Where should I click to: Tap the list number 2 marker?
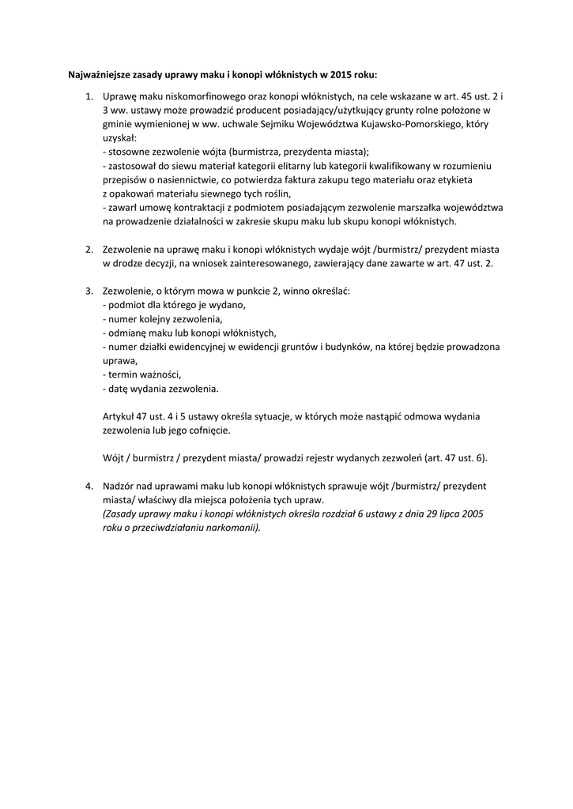tap(89, 249)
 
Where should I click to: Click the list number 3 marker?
tap(89, 291)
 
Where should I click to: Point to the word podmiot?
tap(126, 305)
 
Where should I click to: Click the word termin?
tap(122, 374)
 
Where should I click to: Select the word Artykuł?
tap(119, 416)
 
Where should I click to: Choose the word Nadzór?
tap(119, 486)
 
